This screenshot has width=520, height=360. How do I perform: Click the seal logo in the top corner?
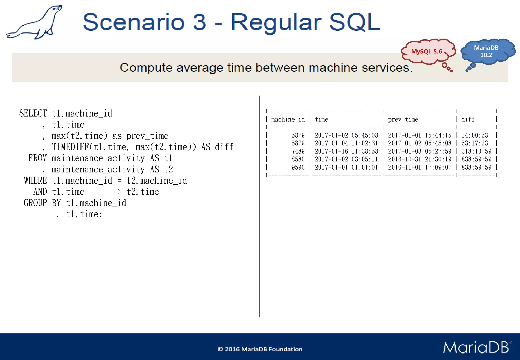(34, 23)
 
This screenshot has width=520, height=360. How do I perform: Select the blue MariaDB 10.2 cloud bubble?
(486, 52)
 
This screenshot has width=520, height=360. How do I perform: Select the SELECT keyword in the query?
(33, 113)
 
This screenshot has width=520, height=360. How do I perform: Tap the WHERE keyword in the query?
(35, 181)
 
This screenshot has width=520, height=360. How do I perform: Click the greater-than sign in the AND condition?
(119, 192)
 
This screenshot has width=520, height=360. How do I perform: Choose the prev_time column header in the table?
(403, 119)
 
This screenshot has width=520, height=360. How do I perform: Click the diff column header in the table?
(468, 119)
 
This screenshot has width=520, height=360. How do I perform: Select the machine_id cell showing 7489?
(298, 151)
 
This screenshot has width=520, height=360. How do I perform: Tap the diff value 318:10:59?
(476, 151)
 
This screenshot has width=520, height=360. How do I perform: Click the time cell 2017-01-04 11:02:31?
(346, 143)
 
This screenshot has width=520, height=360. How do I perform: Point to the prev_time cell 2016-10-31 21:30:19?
(420, 159)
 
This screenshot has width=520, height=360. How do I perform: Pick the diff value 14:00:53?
(475, 135)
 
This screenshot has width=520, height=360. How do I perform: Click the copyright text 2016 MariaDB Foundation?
(260, 349)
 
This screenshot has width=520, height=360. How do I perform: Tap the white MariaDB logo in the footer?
(476, 347)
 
